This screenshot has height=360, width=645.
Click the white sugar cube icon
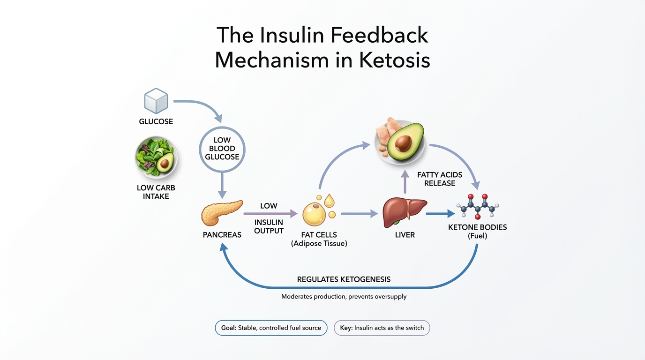click(156, 101)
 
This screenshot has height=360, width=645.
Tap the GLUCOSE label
click(156, 121)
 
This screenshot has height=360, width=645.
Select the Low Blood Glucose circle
click(222, 149)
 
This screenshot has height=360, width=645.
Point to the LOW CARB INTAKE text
click(156, 192)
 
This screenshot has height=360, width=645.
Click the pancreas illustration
click(222, 213)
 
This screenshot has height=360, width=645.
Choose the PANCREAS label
click(222, 235)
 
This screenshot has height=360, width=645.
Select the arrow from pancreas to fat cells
click(270, 214)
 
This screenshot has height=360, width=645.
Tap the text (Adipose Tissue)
click(319, 244)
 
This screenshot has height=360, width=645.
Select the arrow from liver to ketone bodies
click(440, 214)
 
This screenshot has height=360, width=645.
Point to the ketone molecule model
click(477, 206)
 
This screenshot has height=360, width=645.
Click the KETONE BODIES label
click(477, 227)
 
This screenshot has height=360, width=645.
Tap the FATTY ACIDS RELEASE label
click(440, 179)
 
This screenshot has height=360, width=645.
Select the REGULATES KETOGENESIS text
click(344, 279)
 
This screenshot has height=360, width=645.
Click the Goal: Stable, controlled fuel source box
click(271, 328)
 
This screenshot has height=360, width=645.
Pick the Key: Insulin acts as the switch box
click(382, 328)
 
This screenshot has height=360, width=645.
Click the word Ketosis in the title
click(395, 60)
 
